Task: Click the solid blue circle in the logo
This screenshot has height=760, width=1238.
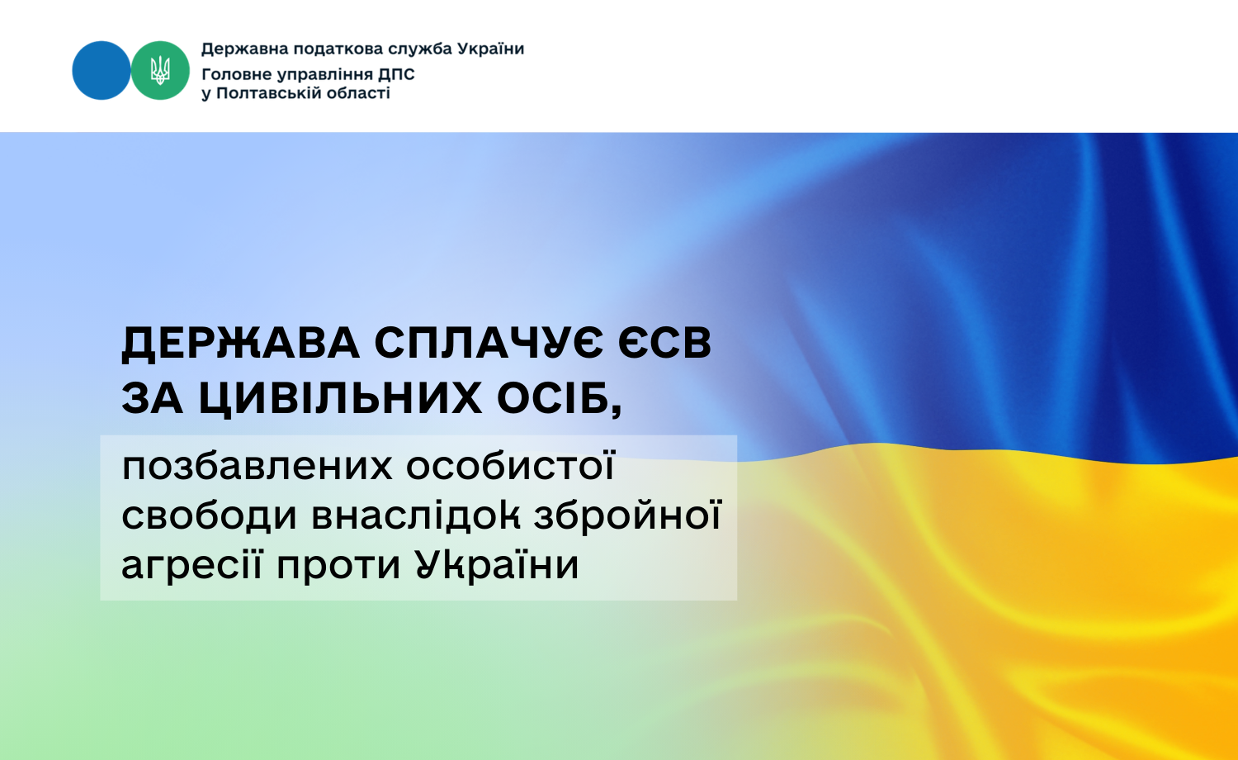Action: pos(102,71)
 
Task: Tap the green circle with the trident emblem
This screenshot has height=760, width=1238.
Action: pos(160,71)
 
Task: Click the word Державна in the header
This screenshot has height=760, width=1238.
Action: pos(244,49)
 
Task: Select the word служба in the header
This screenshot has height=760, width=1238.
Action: pos(420,49)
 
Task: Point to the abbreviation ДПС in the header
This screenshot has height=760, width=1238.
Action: pos(396,74)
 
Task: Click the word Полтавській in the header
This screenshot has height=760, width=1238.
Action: pos(269,93)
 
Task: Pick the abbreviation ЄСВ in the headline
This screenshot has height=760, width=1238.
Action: pos(665,344)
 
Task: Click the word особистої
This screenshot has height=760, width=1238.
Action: pos(511,467)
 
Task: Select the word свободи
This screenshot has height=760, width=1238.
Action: pos(210,516)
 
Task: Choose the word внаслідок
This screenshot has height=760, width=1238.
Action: pos(416,516)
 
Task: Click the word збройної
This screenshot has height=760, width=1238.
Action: pos(628,516)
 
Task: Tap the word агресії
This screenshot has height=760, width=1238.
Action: pos(191,566)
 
